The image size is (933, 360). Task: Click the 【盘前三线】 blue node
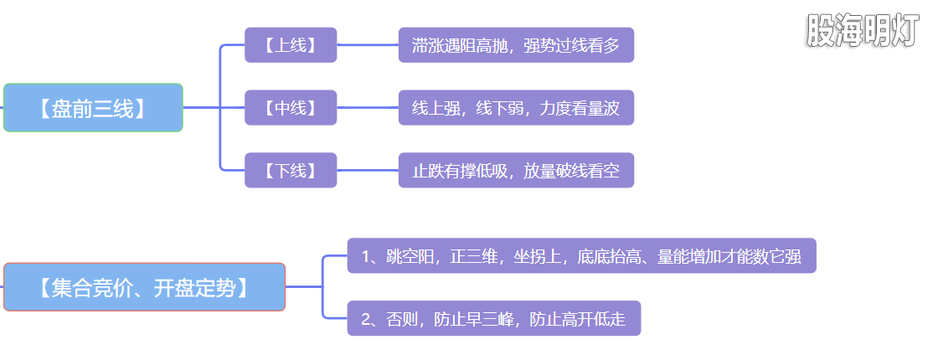coord(93,107)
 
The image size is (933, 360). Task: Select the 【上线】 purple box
coord(291,44)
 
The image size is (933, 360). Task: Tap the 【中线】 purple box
coord(291,107)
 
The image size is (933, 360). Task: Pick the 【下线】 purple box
coord(291,170)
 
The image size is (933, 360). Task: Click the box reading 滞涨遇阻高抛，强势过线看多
coord(516,44)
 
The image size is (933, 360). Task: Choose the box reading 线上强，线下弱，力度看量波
coord(516,107)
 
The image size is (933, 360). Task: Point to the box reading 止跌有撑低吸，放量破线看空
coord(516,170)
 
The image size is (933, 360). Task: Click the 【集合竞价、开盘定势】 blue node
coord(144,287)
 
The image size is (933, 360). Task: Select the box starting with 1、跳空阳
coord(581,255)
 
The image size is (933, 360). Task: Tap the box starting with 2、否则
coord(493,318)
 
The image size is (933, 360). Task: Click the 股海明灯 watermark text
coord(863,31)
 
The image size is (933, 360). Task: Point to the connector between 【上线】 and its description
coord(368,44)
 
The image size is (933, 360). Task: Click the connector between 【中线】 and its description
coord(368,107)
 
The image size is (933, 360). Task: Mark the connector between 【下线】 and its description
coord(368,170)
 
